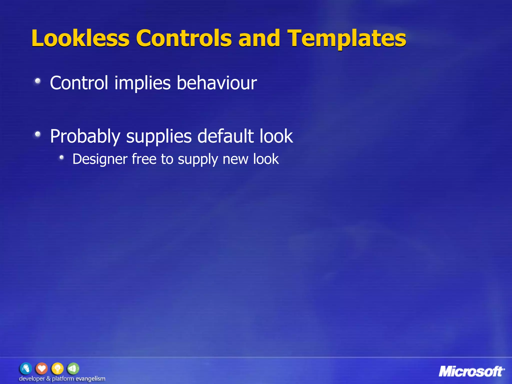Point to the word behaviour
(x=217, y=83)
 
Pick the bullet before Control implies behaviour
(x=38, y=81)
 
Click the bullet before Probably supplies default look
(x=38, y=134)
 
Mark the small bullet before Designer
(x=61, y=157)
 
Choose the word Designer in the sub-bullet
(x=100, y=159)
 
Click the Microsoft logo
(x=471, y=371)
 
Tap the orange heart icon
(x=42, y=368)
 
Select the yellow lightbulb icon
(x=57, y=368)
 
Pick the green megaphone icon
(x=73, y=368)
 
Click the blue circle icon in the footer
(x=26, y=368)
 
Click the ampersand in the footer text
(x=48, y=378)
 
